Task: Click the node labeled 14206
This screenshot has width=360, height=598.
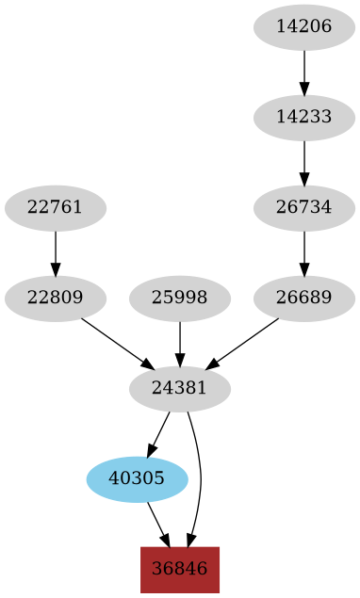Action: (x=304, y=26)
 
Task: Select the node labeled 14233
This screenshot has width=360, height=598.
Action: (x=304, y=118)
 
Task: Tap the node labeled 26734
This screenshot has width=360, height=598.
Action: (x=304, y=208)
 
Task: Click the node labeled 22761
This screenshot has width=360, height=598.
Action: (x=56, y=208)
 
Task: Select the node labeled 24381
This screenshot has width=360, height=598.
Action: (x=180, y=388)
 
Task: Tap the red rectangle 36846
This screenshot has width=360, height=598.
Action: (x=180, y=569)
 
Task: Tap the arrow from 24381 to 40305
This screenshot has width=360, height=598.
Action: (x=159, y=433)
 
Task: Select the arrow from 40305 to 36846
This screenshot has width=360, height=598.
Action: (x=158, y=524)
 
